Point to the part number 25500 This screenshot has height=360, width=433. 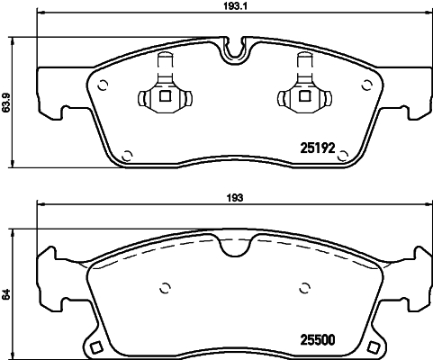[x=316, y=340]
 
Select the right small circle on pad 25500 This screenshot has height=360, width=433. [x=302, y=289]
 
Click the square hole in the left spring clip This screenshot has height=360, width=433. [x=164, y=97]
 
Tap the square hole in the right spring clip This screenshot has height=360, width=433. [x=302, y=97]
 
